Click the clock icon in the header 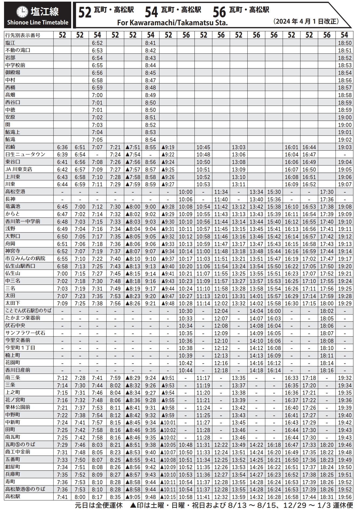click(22, 12)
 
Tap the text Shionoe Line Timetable click(38, 23)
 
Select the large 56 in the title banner click(219, 12)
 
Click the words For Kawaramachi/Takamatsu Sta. click(172, 23)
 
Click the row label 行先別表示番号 click(23, 35)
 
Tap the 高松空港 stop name click(15, 192)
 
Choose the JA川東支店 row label click(19, 169)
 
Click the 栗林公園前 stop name click(18, 407)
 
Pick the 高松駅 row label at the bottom click(13, 497)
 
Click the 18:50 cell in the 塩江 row click(345, 43)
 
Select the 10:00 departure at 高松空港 click(186, 192)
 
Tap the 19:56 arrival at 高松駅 click(345, 497)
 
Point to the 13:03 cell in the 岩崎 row click(239, 147)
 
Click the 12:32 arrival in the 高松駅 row click(221, 497)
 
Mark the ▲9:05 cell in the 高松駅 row click(133, 497)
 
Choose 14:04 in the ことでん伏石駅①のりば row click(256, 311)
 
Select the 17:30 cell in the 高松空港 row click(327, 192)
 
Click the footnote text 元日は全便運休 click(99, 505)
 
